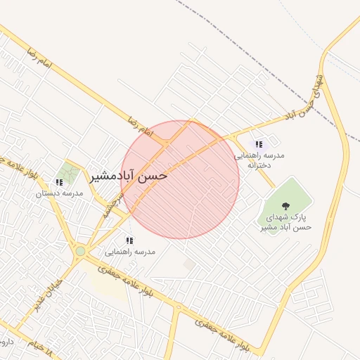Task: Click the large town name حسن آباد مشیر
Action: click(127, 176)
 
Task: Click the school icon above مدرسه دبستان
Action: click(58, 182)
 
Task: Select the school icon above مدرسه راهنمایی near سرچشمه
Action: click(129, 240)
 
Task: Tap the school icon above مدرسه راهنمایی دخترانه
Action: click(259, 144)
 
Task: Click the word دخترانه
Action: click(259, 165)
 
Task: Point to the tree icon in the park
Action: click(285, 205)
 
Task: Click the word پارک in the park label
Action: click(302, 217)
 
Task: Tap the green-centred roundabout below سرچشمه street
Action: click(81, 250)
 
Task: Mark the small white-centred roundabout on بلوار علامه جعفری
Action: click(179, 308)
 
